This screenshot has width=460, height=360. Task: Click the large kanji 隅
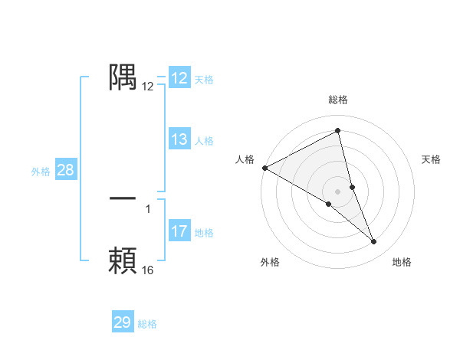pyautogui.click(x=123, y=77)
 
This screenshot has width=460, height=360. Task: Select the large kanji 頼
pyautogui.click(x=123, y=260)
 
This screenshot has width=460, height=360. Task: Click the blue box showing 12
pyautogui.click(x=179, y=78)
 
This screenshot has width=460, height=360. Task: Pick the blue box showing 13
pyautogui.click(x=179, y=139)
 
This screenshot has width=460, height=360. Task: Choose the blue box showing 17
pyautogui.click(x=179, y=231)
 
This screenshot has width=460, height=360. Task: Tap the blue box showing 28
pyautogui.click(x=65, y=170)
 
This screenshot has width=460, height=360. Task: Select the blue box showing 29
pyautogui.click(x=123, y=322)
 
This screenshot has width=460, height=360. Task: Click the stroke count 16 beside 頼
pyautogui.click(x=147, y=270)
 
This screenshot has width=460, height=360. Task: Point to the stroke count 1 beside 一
pyautogui.click(x=148, y=209)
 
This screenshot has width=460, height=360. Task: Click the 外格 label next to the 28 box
pyautogui.click(x=41, y=172)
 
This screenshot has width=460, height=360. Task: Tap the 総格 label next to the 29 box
pyautogui.click(x=147, y=324)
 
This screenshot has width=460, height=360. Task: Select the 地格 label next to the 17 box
pyautogui.click(x=204, y=233)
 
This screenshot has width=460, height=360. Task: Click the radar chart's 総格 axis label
pyautogui.click(x=338, y=100)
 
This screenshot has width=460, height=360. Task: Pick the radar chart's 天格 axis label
pyautogui.click(x=432, y=159)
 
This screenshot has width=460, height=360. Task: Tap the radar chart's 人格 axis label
pyautogui.click(x=245, y=159)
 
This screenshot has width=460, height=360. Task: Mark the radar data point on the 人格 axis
pyautogui.click(x=264, y=168)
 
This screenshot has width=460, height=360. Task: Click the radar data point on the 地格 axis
pyautogui.click(x=374, y=242)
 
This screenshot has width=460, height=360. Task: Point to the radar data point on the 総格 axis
pyautogui.click(x=338, y=130)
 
